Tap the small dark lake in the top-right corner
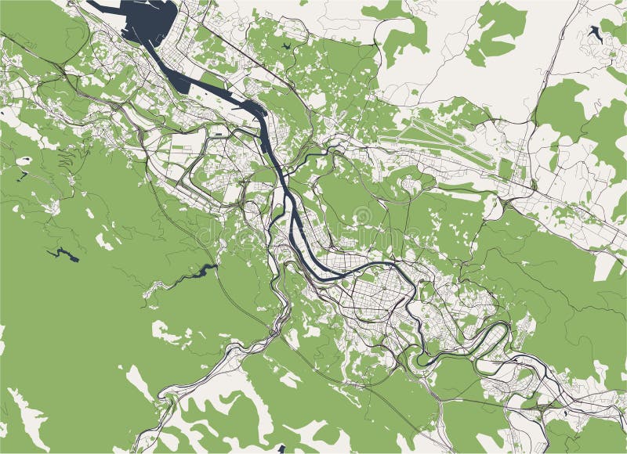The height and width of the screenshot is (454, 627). [595, 34]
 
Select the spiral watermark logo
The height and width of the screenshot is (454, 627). [363, 217]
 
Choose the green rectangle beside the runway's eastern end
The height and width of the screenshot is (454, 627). [506, 168]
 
